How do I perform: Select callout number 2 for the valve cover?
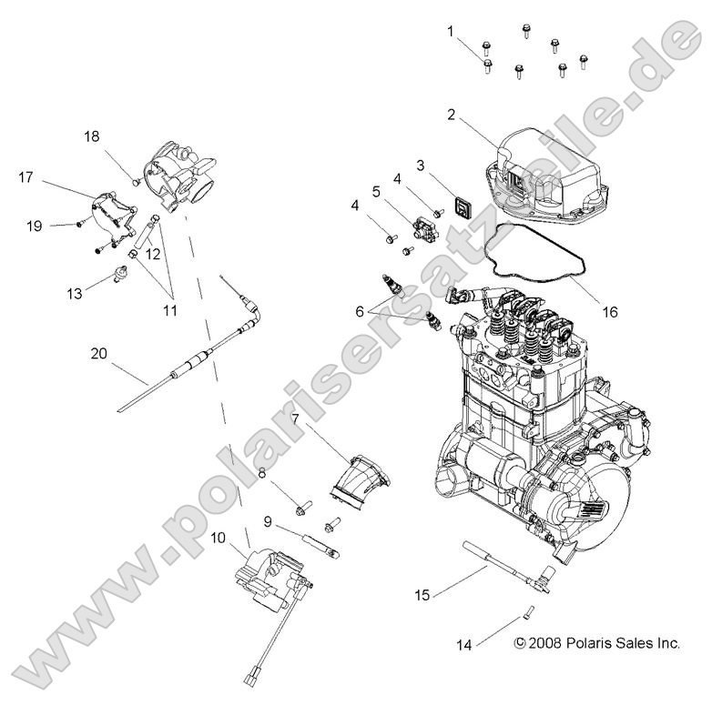coord(450,115)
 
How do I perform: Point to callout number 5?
coord(375,192)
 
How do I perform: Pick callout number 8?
coord(262,472)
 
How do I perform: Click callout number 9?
coord(269,521)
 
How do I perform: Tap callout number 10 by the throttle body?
coord(219,538)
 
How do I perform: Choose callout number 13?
coord(74,293)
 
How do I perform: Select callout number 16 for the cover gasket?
coord(609,311)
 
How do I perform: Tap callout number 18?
coord(92,136)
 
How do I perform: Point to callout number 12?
coord(152,254)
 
